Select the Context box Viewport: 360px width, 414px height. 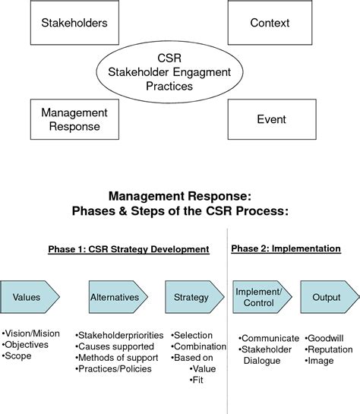(270, 23)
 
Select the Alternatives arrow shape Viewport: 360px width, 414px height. (114, 297)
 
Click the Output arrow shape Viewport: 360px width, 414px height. (327, 297)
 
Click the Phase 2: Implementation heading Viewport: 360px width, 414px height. (286, 248)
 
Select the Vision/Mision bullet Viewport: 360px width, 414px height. (32, 333)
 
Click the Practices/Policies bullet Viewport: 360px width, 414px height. (115, 369)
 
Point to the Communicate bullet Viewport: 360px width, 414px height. (266, 337)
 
